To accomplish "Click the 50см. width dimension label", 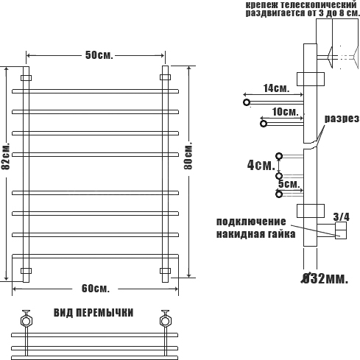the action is point(99,55).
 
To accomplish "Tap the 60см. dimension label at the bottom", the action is point(96,289).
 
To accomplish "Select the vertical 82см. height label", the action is point(6,156).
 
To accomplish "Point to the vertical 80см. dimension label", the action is point(188,155).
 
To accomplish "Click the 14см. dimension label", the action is point(276,88).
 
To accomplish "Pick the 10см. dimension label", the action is point(285,112).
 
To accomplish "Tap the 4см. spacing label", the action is point(261,165).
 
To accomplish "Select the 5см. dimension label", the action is point(289,184).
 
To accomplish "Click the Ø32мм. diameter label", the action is point(325,278).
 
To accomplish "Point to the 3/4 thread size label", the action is point(342,217).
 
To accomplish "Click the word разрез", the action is point(342,119).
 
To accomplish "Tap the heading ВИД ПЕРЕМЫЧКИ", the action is point(93,313).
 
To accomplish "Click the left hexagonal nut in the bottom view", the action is point(26,321).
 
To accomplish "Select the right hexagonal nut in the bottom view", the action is point(166,321).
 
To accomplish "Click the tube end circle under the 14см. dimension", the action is point(247,102).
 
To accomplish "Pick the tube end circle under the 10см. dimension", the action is point(264,124).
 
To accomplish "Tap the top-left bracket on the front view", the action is point(26,78).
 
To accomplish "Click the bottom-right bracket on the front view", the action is point(165,271).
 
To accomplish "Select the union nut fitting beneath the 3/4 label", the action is point(341,230).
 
